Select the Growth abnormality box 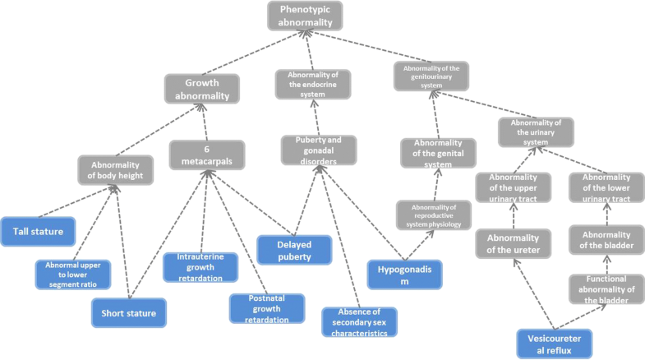click(201, 89)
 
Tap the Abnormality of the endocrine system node click(311, 85)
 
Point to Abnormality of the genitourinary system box click(431, 76)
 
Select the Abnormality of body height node click(116, 169)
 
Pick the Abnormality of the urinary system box click(536, 132)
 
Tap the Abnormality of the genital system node click(438, 153)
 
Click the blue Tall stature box click(39, 232)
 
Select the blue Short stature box click(129, 312)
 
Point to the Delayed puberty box click(294, 250)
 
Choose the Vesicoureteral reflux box click(554, 343)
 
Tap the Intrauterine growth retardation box click(200, 267)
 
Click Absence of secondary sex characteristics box click(359, 322)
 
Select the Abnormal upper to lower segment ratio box click(72, 274)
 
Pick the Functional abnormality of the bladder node click(606, 289)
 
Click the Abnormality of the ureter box click(512, 244)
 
